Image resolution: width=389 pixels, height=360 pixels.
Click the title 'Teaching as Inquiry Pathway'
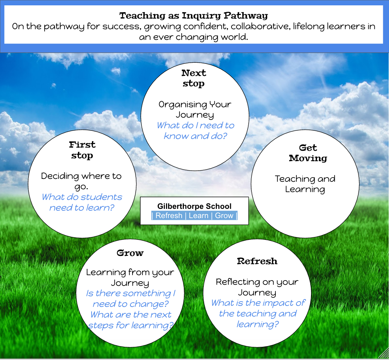pyautogui.click(x=193, y=16)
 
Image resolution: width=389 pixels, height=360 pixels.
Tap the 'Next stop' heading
pyautogui.click(x=194, y=78)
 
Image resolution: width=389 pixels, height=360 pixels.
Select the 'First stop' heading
pyautogui.click(x=82, y=150)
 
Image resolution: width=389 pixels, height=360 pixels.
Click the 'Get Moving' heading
pyautogui.click(x=308, y=153)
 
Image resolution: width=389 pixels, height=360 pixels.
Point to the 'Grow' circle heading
pyautogui.click(x=130, y=253)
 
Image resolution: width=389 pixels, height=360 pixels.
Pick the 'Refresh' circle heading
pyautogui.click(x=257, y=261)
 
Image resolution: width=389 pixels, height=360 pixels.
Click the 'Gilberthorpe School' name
pyautogui.click(x=194, y=206)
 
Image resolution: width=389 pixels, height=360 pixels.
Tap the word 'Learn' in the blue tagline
pyautogui.click(x=198, y=216)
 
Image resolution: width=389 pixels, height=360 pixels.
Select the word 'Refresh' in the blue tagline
pyautogui.click(x=169, y=216)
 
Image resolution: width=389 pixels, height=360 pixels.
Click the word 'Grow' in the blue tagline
pyautogui.click(x=224, y=216)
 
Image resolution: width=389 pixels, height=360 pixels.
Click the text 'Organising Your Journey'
pyautogui.click(x=195, y=110)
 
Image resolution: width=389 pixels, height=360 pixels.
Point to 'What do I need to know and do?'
pyautogui.click(x=195, y=131)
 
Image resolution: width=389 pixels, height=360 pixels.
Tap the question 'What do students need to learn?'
pyautogui.click(x=82, y=202)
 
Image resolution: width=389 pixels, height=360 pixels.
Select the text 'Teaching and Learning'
pyautogui.click(x=305, y=184)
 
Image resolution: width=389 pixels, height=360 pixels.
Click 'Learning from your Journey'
pyautogui.click(x=130, y=278)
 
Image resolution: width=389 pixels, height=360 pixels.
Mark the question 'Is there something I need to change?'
pyautogui.click(x=131, y=299)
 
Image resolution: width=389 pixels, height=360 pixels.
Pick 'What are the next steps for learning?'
pyautogui.click(x=131, y=320)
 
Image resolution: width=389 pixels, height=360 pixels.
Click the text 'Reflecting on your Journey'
pyautogui.click(x=257, y=287)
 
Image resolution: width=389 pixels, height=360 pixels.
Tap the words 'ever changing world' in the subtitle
pyautogui.click(x=199, y=37)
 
